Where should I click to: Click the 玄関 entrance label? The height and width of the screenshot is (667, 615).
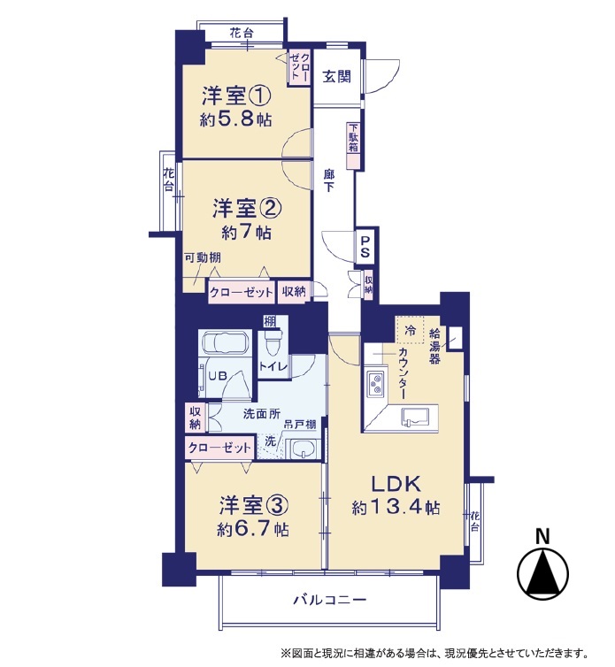tap(336, 77)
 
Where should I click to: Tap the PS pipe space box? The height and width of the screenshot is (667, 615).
tap(365, 248)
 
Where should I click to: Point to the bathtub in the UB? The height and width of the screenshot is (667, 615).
tap(225, 343)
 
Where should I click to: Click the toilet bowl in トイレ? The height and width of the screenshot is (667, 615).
tap(271, 342)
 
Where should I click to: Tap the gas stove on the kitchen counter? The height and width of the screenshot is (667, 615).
tap(375, 384)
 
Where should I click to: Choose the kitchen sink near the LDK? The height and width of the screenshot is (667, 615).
tap(419, 416)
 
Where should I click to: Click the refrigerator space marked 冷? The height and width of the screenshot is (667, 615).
tap(410, 330)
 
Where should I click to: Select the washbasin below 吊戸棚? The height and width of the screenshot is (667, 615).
tap(303, 449)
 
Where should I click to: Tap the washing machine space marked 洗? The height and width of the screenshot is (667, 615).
tap(270, 446)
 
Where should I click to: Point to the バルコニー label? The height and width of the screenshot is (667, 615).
tap(330, 601)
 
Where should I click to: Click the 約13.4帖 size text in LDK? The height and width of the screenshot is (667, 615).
tap(396, 507)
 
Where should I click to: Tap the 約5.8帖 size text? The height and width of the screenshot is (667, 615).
tap(235, 119)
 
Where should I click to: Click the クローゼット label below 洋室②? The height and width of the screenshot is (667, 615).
tap(241, 292)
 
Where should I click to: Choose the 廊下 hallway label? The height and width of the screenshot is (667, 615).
tap(328, 180)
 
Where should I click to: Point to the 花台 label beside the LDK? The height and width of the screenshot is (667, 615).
tap(475, 522)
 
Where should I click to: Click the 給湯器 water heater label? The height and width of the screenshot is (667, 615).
tap(434, 346)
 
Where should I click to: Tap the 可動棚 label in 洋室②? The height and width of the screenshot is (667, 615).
tap(202, 257)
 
